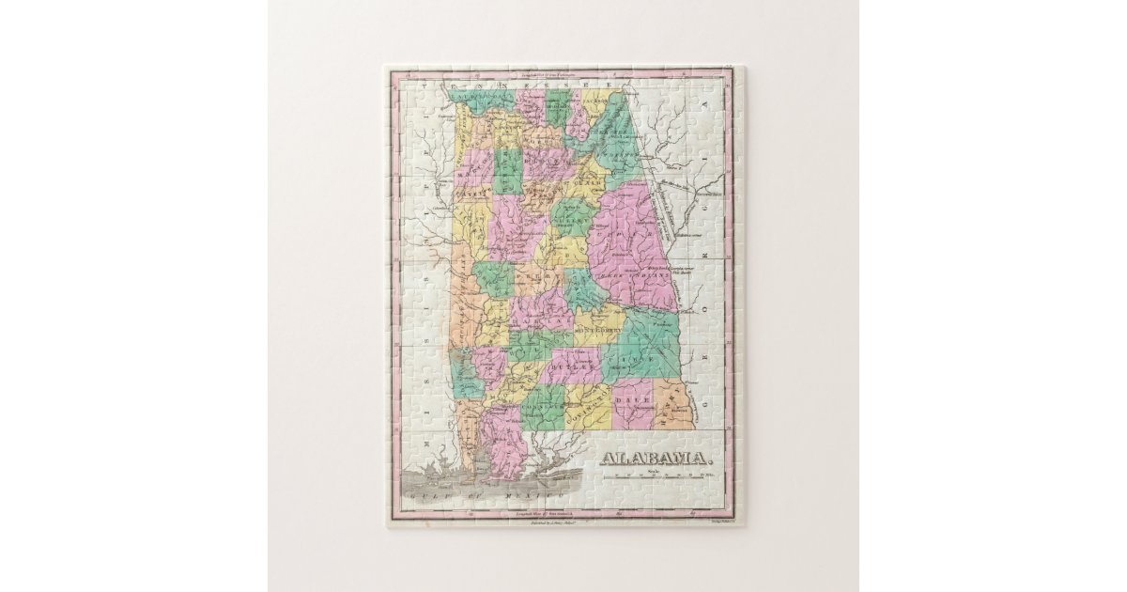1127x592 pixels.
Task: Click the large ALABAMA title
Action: click(655, 459)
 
